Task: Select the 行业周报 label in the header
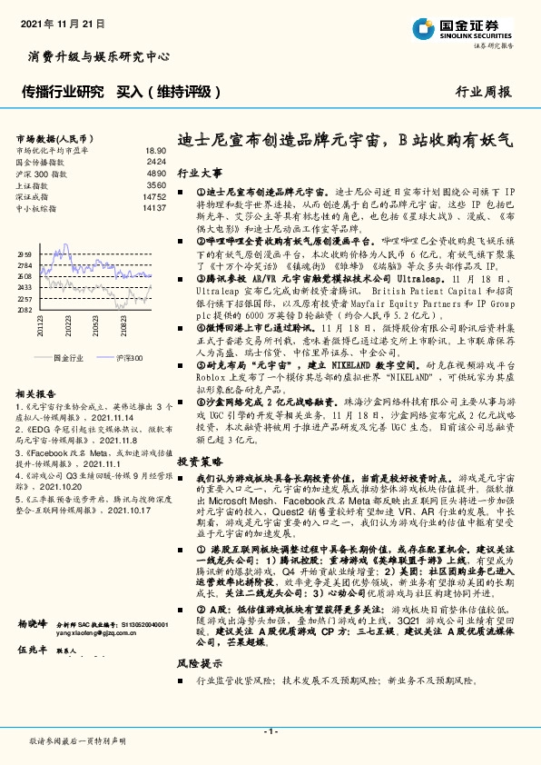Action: click(482, 93)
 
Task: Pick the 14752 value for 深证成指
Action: click(154, 196)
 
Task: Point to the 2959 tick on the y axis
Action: click(25, 255)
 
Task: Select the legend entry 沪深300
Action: click(128, 359)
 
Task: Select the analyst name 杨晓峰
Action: click(32, 625)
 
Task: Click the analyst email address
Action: click(91, 636)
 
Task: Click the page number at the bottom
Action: click(270, 730)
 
